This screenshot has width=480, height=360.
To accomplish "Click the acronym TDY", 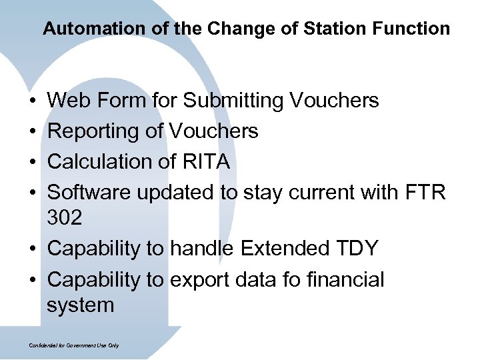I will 355,249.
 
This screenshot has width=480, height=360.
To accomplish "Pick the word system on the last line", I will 80,306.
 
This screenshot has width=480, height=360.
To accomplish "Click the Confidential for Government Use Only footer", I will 74,345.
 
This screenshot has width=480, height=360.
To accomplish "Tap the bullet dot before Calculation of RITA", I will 33,163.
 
